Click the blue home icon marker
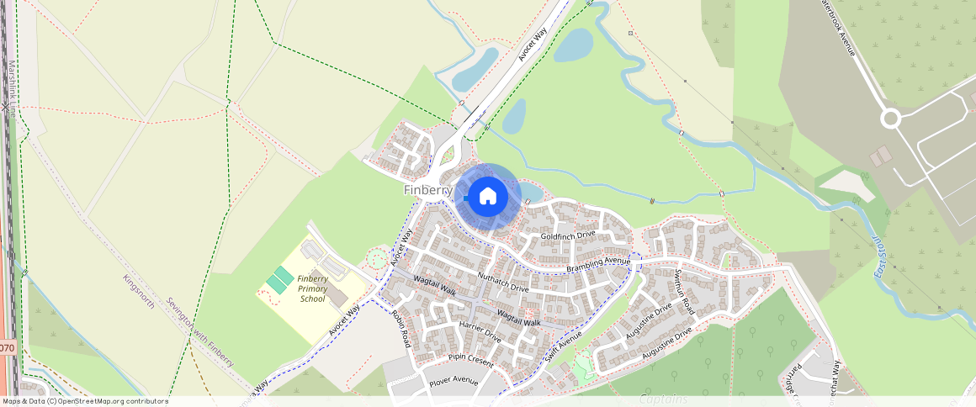point(487,197)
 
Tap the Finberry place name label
point(427,190)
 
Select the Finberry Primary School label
point(312,288)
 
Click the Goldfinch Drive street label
point(567,236)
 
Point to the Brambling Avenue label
point(598,264)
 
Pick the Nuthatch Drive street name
point(503,282)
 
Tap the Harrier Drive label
point(480,332)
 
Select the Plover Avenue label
point(454,381)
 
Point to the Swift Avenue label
point(562,346)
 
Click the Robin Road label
point(400,329)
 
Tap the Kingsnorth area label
point(139,291)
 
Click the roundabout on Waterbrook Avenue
point(891,119)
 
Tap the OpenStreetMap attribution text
point(85,401)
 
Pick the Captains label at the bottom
point(662,399)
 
